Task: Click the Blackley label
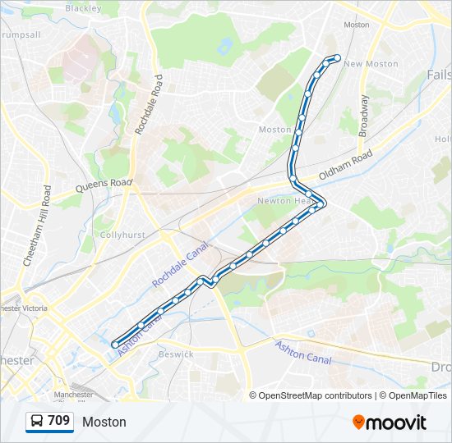(82, 8)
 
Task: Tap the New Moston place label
(371, 64)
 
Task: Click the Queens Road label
(104, 185)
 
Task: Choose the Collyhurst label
(122, 235)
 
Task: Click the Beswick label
(176, 354)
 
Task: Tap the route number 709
(58, 421)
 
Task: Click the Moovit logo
(390, 422)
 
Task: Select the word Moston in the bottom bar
(104, 422)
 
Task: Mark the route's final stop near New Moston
(337, 57)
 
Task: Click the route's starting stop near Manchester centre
(114, 345)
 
